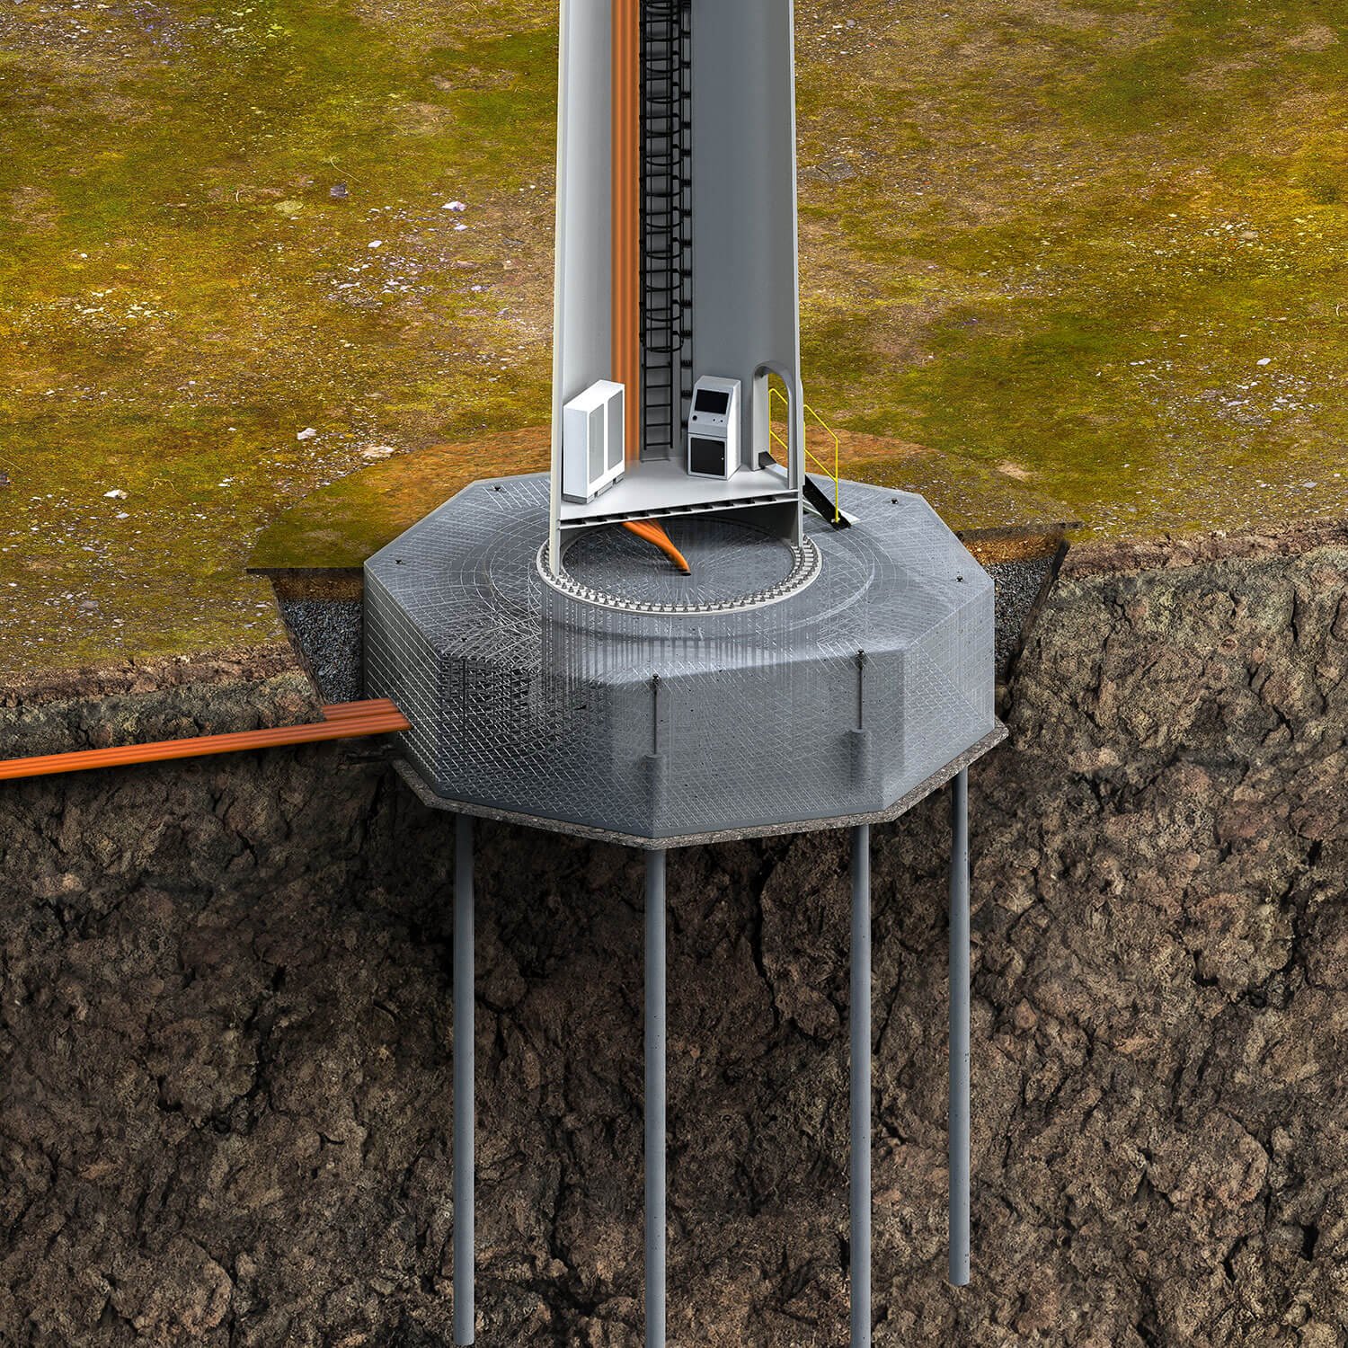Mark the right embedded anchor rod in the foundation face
[860, 701]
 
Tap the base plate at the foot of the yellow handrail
[839, 519]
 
